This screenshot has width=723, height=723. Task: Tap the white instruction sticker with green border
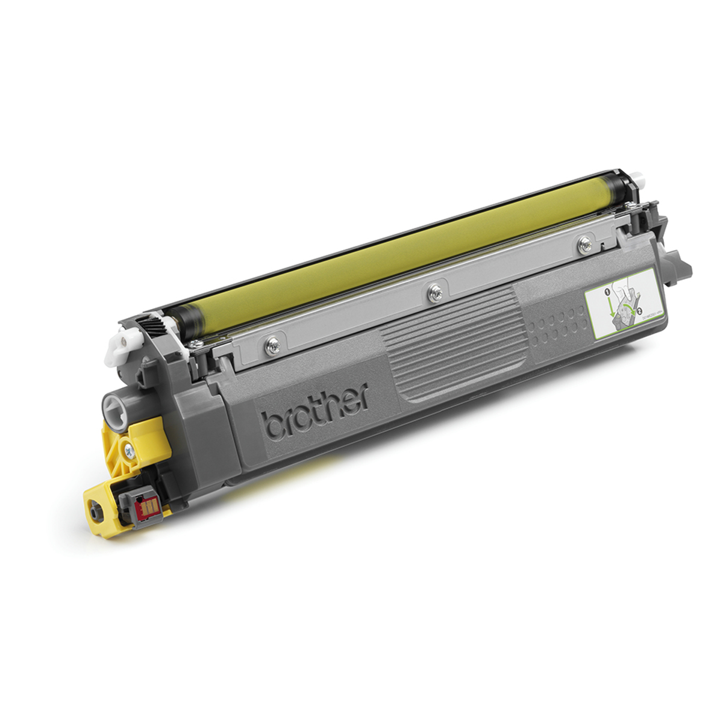coord(620,299)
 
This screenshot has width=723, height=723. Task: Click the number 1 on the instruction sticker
coord(607,292)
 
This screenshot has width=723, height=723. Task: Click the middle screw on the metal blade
coord(432,292)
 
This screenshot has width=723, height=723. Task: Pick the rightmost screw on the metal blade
coord(583,243)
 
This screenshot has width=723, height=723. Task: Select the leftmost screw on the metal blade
coord(274,344)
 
